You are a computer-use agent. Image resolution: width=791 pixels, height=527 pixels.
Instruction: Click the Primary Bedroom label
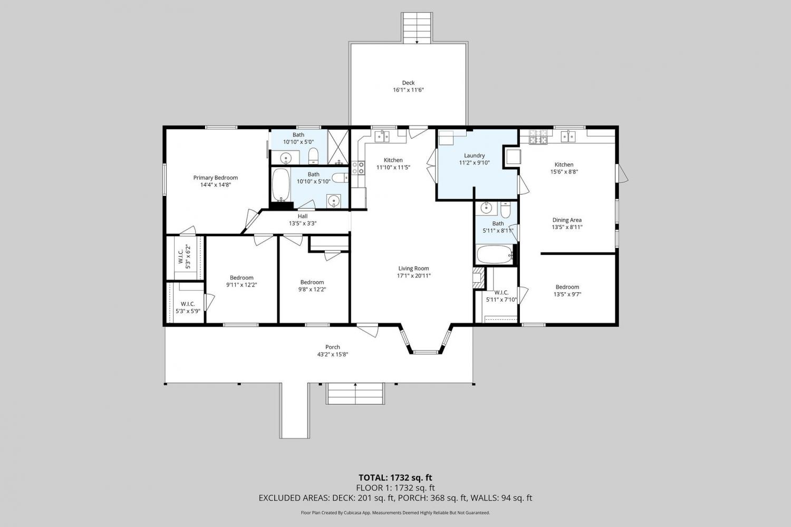pyautogui.click(x=215, y=178)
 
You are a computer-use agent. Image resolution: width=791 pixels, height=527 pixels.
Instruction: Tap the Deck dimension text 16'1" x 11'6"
pyautogui.click(x=408, y=90)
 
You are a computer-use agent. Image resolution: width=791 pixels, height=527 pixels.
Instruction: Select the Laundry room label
pyautogui.click(x=474, y=156)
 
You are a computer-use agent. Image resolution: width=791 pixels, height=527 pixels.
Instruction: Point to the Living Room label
pyautogui.click(x=413, y=269)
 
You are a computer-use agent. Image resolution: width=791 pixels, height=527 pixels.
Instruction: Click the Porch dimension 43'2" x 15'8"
pyautogui.click(x=333, y=354)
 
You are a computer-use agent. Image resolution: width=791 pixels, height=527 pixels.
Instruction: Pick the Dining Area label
pyautogui.click(x=567, y=220)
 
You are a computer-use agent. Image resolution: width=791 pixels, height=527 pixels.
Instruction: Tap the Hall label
pyautogui.click(x=303, y=216)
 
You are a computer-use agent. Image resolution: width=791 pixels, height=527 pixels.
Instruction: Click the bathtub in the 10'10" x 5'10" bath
pyautogui.click(x=281, y=185)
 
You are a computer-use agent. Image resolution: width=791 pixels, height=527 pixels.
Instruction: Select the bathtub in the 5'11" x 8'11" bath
pyautogui.click(x=495, y=254)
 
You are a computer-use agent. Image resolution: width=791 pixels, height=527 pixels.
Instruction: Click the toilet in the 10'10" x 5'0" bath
pyautogui.click(x=314, y=156)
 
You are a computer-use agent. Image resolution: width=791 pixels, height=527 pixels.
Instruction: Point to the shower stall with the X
pyautogui.click(x=338, y=147)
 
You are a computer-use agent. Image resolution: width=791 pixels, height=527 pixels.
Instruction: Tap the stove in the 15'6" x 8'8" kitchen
pyautogui.click(x=538, y=137)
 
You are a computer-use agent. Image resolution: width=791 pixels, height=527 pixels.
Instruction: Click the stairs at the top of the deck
pyautogui.click(x=417, y=28)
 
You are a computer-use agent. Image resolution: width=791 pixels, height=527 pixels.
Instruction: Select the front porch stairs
pyautogui.click(x=355, y=394)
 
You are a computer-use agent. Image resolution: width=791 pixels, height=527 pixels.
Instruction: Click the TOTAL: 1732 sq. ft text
pyautogui.click(x=395, y=478)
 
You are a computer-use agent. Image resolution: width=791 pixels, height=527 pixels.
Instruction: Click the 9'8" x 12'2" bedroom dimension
pyautogui.click(x=312, y=289)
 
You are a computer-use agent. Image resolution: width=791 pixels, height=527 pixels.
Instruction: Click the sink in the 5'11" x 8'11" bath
pyautogui.click(x=486, y=208)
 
